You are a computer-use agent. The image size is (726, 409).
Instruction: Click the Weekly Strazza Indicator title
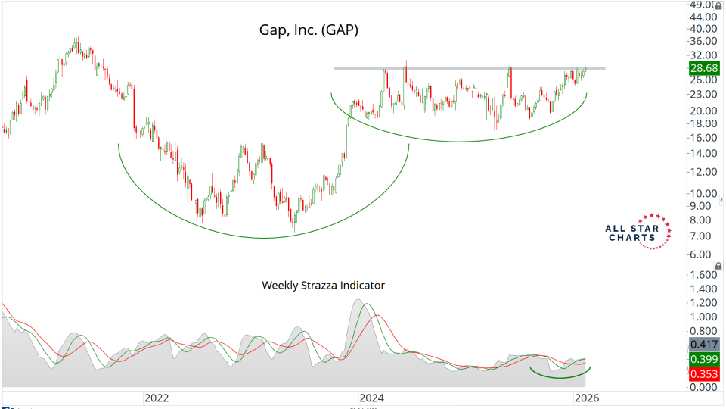(323, 286)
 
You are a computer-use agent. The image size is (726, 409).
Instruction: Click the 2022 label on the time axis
(156, 398)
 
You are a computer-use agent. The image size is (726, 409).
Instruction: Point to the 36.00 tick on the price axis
(704, 41)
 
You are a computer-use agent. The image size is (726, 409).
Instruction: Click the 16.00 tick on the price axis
(704, 138)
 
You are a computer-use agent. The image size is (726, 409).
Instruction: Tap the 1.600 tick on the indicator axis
(704, 274)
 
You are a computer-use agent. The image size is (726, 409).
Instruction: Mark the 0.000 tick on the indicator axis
(704, 388)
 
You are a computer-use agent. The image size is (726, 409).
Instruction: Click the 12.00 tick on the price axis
(704, 172)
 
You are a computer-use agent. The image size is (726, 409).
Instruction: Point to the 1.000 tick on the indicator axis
(704, 317)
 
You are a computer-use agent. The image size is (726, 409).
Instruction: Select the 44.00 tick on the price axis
(704, 17)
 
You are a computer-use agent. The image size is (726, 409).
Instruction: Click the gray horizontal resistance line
(469, 69)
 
